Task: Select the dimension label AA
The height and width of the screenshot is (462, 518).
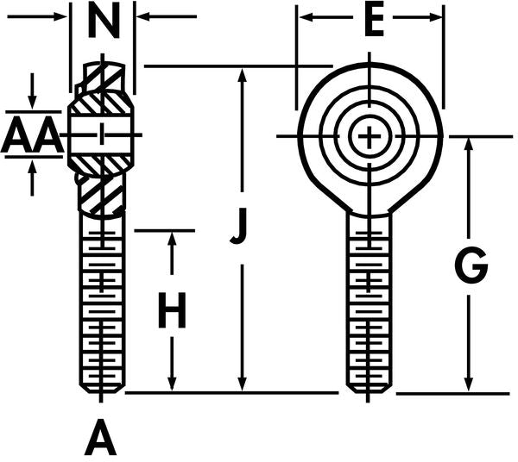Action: tap(31, 135)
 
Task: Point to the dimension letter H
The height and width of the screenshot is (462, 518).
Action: tap(172, 312)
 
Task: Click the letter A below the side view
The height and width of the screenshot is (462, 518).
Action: tap(101, 440)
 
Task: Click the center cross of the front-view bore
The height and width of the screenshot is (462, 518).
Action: tap(370, 136)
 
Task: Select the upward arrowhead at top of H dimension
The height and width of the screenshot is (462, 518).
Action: tap(173, 240)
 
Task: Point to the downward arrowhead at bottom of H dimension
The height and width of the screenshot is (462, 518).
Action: tap(173, 384)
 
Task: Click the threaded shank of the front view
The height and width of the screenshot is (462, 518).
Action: tap(370, 302)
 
